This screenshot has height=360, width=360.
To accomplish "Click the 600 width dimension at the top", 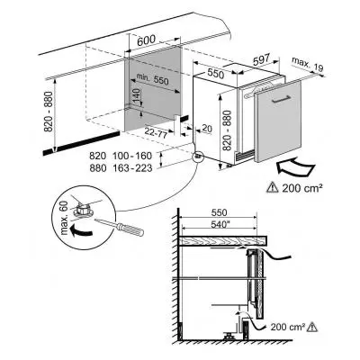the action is (147, 40).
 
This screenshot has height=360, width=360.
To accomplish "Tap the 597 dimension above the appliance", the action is (262, 59).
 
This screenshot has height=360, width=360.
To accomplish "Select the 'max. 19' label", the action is (308, 65).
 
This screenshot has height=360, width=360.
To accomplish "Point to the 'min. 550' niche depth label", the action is (153, 78).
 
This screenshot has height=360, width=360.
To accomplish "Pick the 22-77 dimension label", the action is (156, 132).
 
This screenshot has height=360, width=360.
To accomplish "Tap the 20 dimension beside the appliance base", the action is (207, 129).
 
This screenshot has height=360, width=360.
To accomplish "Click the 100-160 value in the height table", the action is (132, 156).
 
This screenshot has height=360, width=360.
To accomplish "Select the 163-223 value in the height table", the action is (132, 168).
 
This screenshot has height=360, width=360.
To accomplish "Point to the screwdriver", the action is (120, 227).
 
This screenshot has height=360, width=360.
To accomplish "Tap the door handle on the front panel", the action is (281, 100).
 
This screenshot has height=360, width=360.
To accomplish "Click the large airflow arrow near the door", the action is (295, 167).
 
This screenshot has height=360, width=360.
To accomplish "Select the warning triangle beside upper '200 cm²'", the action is (272, 188).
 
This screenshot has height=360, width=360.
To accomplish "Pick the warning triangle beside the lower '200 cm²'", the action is (312, 327).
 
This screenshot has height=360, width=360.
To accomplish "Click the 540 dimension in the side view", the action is (218, 225).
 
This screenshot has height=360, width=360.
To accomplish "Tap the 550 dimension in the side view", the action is (219, 212).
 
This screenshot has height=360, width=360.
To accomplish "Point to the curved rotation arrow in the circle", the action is (81, 231).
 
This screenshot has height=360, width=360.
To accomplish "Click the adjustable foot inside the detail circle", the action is (83, 209).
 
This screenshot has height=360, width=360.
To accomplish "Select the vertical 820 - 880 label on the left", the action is (49, 112).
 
